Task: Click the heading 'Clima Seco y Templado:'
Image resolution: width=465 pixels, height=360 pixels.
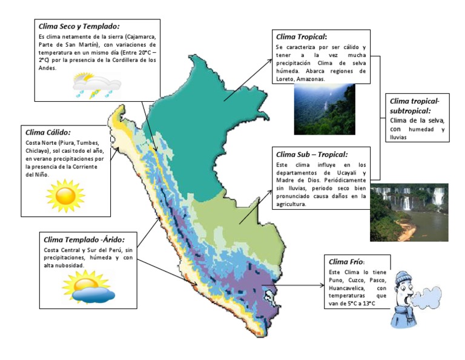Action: [x=79, y=26]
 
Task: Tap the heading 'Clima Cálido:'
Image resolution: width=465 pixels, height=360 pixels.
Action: [x=48, y=132]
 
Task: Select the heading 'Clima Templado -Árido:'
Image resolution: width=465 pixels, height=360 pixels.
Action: [x=82, y=239]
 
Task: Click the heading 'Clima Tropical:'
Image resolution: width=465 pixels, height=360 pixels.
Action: [x=301, y=36]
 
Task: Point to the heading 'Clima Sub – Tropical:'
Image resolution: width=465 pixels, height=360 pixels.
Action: [x=311, y=155]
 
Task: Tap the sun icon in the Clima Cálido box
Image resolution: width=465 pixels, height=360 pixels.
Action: [x=65, y=195]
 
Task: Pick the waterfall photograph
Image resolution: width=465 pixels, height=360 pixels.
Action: [x=409, y=213]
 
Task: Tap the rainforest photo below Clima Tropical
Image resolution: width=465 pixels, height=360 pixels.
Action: [x=325, y=109]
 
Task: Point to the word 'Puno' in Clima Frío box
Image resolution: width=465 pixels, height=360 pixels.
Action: [x=338, y=281]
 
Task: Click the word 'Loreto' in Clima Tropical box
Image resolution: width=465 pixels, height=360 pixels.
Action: [x=285, y=79]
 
